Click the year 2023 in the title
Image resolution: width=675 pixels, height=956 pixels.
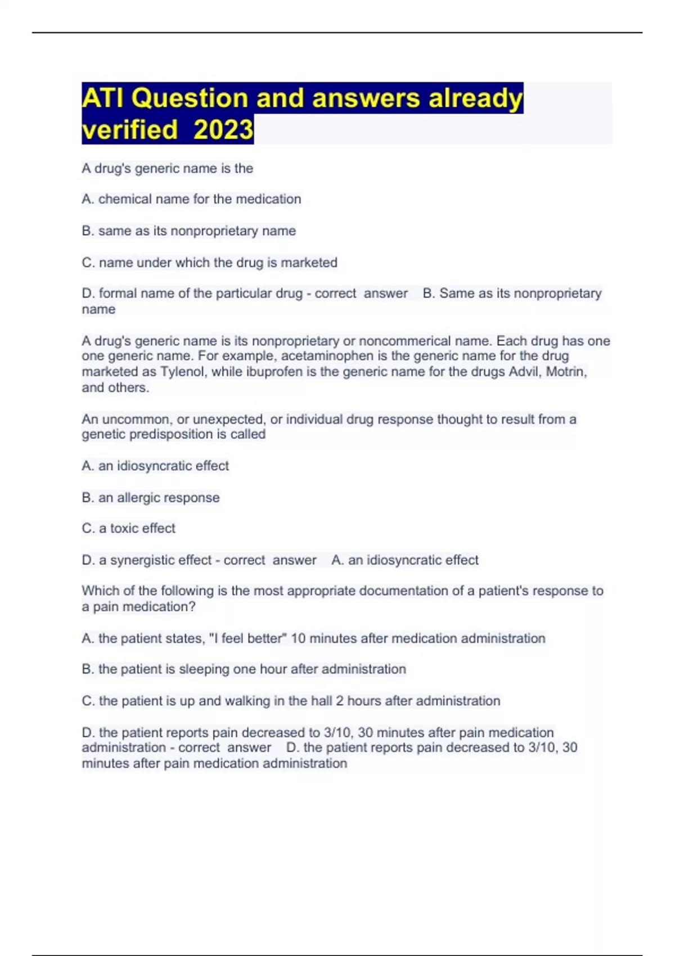pyautogui.click(x=223, y=129)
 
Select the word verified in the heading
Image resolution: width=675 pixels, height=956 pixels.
pyautogui.click(x=130, y=129)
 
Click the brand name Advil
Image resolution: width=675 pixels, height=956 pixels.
pyautogui.click(x=525, y=372)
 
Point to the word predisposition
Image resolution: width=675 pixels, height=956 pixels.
pyautogui.click(x=171, y=434)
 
